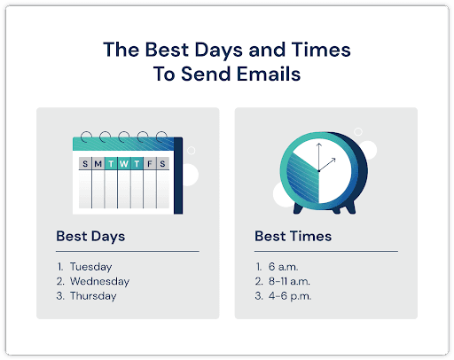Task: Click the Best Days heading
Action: click(x=90, y=237)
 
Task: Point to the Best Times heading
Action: click(x=293, y=237)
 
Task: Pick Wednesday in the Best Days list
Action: click(x=99, y=281)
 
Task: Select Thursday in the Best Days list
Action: click(x=93, y=296)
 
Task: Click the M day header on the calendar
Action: click(x=98, y=164)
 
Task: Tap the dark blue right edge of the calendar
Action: click(x=178, y=177)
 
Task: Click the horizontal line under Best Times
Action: click(x=325, y=252)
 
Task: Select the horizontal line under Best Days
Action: click(x=127, y=252)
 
